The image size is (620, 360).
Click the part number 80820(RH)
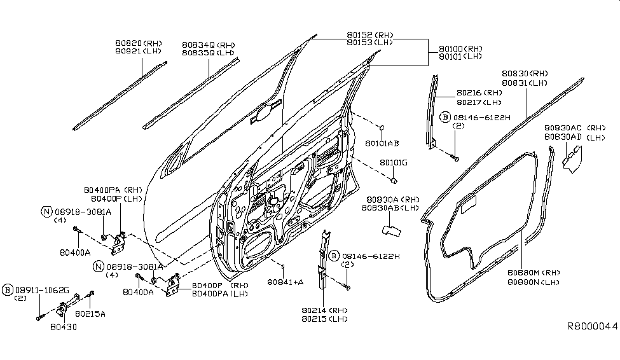(139, 43)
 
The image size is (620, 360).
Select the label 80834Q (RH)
(209, 45)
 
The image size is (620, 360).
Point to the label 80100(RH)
(460, 49)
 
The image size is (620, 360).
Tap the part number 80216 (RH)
(479, 93)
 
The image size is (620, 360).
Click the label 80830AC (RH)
(575, 128)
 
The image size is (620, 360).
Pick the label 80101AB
(382, 143)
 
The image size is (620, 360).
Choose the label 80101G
(394, 163)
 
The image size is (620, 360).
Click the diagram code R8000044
(592, 326)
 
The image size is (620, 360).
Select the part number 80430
(63, 327)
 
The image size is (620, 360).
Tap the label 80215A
(90, 314)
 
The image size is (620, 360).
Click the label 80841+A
(285, 282)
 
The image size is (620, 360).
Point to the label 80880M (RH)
(534, 273)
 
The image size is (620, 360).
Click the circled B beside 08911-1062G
(7, 290)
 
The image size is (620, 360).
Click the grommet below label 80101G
(394, 181)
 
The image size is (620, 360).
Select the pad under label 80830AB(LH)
(392, 230)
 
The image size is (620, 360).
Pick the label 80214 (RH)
(324, 310)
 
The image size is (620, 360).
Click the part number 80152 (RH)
(370, 35)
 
